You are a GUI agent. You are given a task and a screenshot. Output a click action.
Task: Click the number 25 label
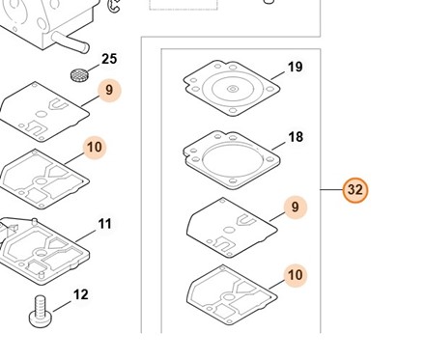tap(109, 59)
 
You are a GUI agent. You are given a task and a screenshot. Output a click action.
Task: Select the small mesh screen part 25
tap(79, 75)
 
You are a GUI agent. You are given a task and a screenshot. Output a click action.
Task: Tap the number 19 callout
tap(296, 67)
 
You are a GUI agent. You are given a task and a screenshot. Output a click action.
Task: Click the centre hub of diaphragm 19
tap(233, 89)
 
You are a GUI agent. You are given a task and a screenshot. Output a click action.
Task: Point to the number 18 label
tap(296, 137)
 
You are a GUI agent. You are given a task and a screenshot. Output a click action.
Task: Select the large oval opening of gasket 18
tap(232, 160)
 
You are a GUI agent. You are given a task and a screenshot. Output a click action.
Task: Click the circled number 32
tap(355, 190)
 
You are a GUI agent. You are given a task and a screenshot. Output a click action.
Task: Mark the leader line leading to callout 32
tap(331, 190)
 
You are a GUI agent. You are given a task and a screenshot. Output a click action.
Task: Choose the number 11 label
tap(104, 224)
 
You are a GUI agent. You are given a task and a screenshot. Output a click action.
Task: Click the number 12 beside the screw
tap(81, 294)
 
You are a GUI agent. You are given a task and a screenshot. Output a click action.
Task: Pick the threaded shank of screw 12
tap(41, 304)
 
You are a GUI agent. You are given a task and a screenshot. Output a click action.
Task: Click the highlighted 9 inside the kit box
tap(296, 208)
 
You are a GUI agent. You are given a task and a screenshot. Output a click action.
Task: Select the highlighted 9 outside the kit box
tap(109, 90)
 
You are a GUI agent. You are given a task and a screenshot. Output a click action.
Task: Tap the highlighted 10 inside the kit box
tap(296, 275)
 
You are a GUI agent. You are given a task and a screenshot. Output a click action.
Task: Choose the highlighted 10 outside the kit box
tap(95, 148)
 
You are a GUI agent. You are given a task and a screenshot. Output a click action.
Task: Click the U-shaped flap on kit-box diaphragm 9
tap(246, 220)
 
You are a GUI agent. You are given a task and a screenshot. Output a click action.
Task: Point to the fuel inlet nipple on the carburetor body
tap(71, 42)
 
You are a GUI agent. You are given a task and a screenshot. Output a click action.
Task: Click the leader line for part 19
tap(278, 75)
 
